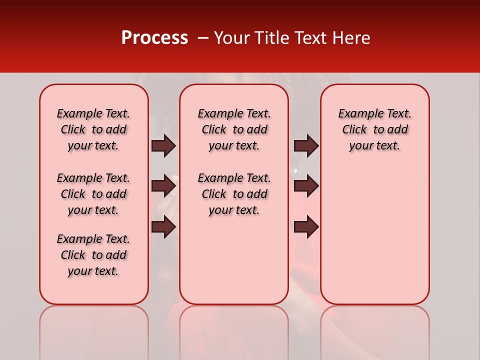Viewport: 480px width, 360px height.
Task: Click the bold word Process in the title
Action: click(x=154, y=38)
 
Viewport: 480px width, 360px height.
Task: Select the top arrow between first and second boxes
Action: click(x=163, y=145)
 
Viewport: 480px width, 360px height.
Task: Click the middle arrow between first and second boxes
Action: click(x=163, y=186)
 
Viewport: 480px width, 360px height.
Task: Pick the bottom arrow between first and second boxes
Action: click(x=163, y=227)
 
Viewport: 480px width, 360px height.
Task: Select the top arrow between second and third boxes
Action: click(x=306, y=145)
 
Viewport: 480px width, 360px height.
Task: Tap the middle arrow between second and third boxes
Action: click(x=306, y=186)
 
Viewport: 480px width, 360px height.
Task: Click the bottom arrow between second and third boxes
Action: click(x=306, y=227)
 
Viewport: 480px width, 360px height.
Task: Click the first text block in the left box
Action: click(x=93, y=129)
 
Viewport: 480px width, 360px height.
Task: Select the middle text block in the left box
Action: click(x=93, y=194)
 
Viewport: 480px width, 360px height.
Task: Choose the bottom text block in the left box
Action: click(x=93, y=255)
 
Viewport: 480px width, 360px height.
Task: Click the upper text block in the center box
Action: click(x=234, y=129)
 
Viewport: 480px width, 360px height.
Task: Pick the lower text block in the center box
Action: click(x=234, y=194)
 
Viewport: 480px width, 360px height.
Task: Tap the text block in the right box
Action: click(x=374, y=129)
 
